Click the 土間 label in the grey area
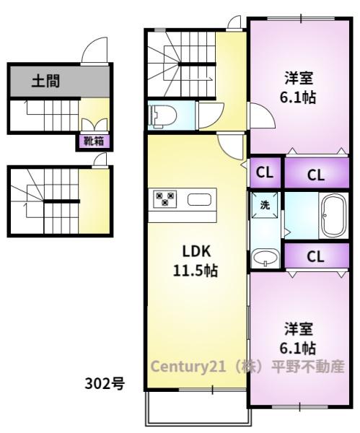coord(46,82)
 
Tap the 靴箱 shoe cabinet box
coord(94,141)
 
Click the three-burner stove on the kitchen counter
coord(164,199)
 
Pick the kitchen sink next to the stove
coord(200,200)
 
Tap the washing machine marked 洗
coord(265,205)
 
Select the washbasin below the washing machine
coord(265,258)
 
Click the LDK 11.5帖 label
coord(196,261)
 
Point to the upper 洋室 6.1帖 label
coord(298,87)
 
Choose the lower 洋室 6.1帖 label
coord(298,338)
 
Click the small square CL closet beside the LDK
coord(265,172)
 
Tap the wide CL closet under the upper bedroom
coord(317,173)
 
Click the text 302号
coord(105,383)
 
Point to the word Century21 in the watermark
coord(188,367)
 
